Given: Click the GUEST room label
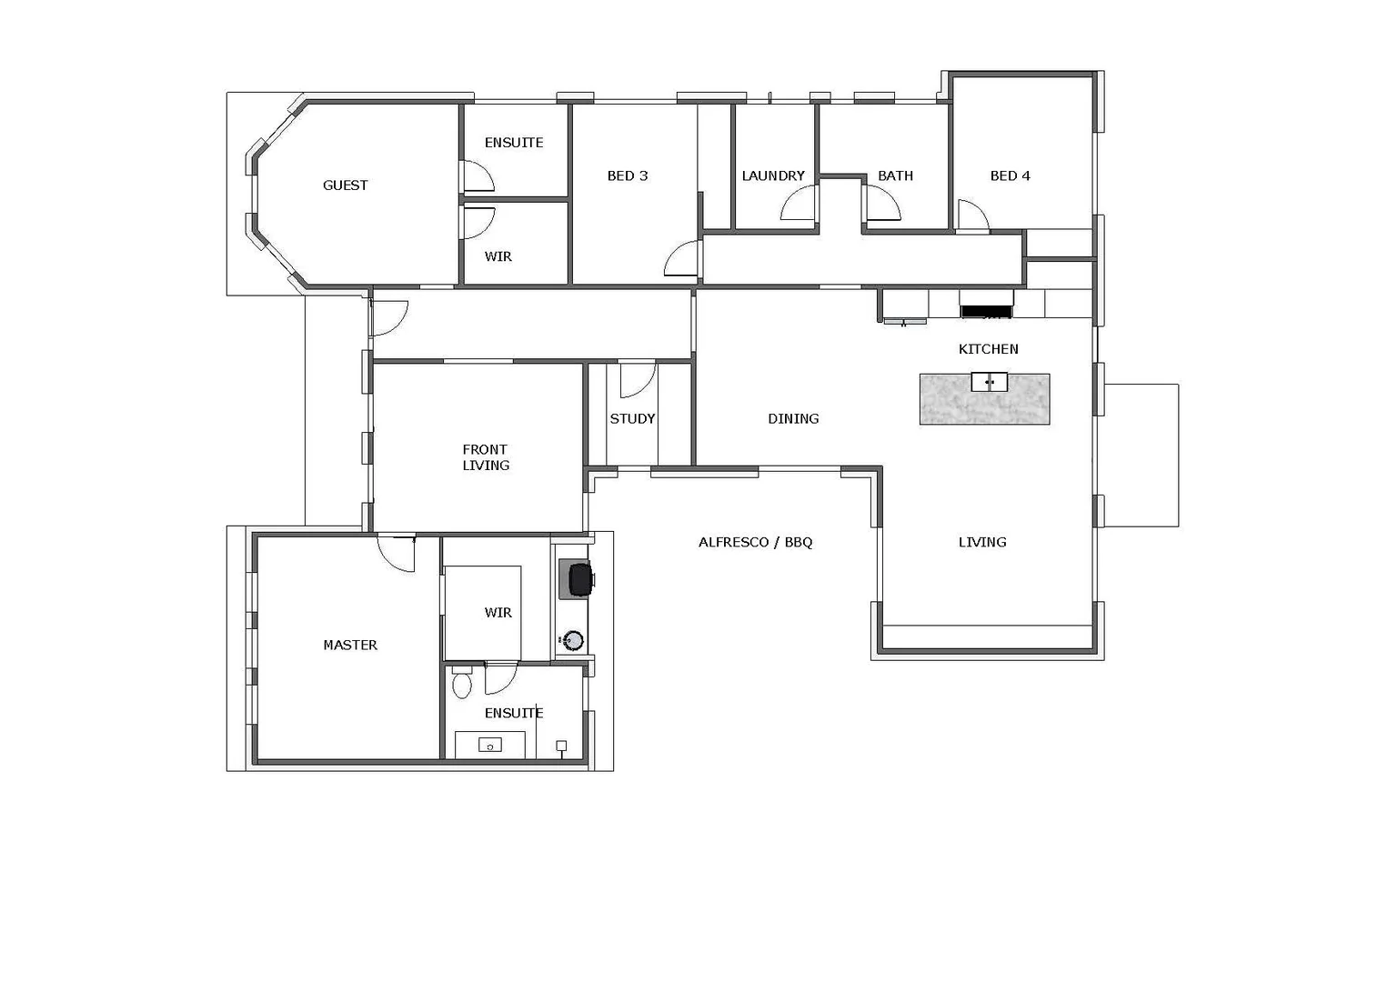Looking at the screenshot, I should tap(345, 185).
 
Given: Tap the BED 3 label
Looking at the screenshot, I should tap(627, 175).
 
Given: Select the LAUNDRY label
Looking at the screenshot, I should tap(772, 175).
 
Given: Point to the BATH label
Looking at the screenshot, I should tap(895, 175).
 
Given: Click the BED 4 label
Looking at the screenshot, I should tap(1010, 175).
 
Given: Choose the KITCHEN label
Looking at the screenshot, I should tap(988, 349).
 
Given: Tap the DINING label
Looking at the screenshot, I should tap(793, 419).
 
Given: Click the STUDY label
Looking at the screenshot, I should tap(632, 419).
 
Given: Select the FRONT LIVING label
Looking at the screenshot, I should tap(485, 457).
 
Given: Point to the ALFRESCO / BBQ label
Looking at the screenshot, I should tap(755, 543).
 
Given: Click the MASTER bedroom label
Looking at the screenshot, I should tap(350, 646).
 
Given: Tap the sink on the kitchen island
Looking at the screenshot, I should tap(989, 382).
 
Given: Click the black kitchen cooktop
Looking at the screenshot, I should tap(986, 312).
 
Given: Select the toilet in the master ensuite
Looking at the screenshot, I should tap(462, 683).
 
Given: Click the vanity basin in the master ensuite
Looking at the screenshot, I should tap(489, 746).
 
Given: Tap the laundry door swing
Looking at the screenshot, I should tap(798, 205).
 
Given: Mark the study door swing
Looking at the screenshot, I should tap(636, 380).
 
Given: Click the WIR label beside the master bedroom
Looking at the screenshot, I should tap(498, 613).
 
